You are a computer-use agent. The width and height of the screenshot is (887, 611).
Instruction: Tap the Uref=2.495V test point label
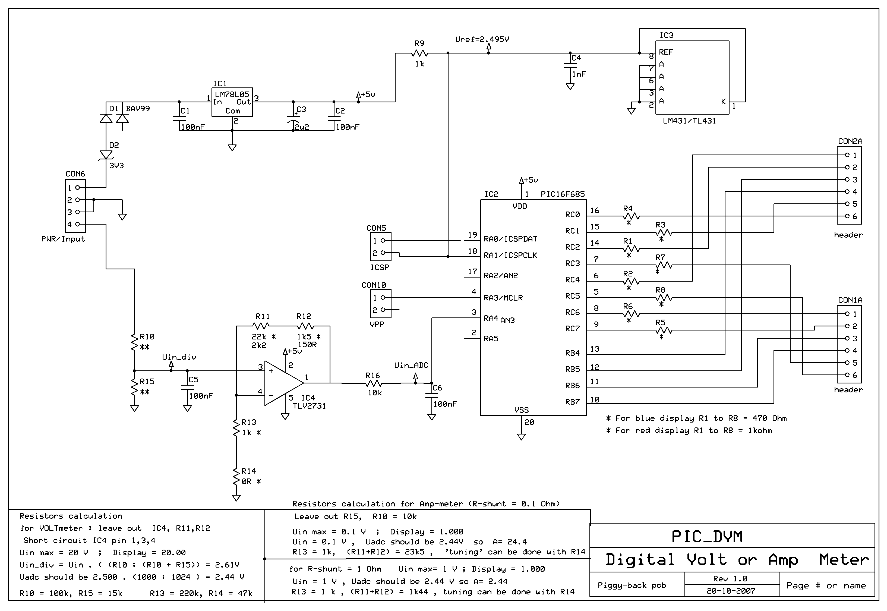pyautogui.click(x=482, y=39)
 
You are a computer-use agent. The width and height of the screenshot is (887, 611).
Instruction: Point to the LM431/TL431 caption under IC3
pyautogui.click(x=689, y=121)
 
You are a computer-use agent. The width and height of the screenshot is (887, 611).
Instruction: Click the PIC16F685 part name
pyautogui.click(x=563, y=194)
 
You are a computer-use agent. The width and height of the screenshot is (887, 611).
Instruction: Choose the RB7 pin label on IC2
pyautogui.click(x=572, y=402)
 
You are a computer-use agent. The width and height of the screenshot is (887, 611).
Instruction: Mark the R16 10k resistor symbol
pyautogui.click(x=373, y=383)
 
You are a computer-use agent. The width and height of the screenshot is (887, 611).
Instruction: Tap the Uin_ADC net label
pyautogui.click(x=411, y=366)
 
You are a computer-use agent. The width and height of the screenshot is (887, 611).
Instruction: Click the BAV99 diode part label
pyautogui.click(x=138, y=109)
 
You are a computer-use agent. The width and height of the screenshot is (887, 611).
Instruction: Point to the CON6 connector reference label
pyautogui.click(x=75, y=174)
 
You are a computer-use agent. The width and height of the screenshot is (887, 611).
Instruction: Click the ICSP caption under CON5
pyautogui.click(x=380, y=267)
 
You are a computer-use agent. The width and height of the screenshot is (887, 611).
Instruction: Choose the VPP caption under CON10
pyautogui.click(x=377, y=324)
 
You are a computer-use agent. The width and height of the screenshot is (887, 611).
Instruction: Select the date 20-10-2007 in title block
pyautogui.click(x=731, y=591)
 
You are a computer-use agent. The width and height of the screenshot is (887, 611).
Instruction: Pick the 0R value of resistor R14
pyautogui.click(x=247, y=481)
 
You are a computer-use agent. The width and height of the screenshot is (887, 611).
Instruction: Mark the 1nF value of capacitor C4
pyautogui.click(x=579, y=74)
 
